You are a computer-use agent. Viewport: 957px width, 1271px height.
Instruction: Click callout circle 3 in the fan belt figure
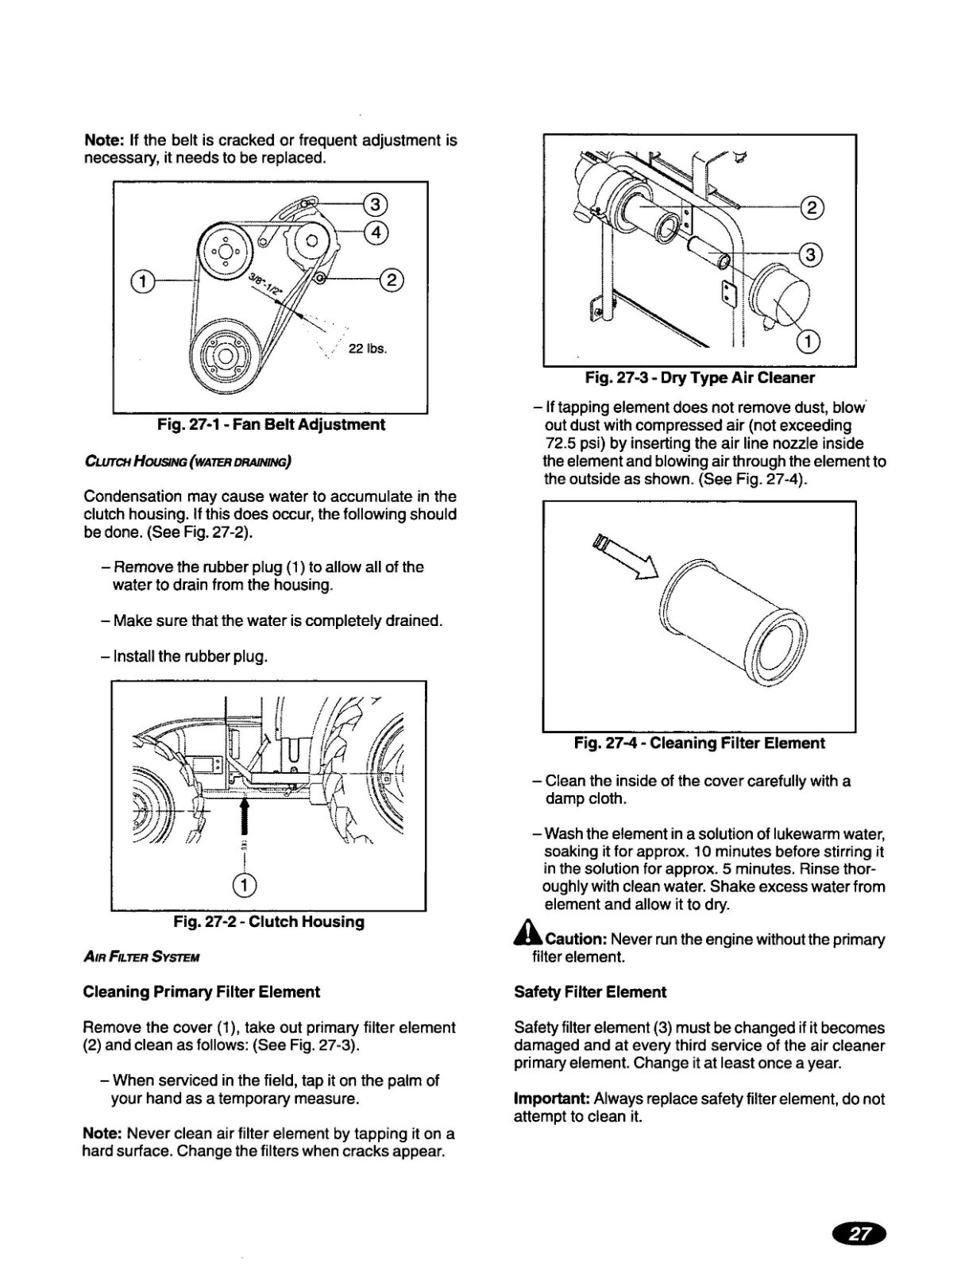pos(375,205)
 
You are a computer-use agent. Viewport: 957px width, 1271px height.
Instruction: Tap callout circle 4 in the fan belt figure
pos(375,232)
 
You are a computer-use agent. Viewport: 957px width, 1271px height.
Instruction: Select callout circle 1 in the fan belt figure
pos(141,281)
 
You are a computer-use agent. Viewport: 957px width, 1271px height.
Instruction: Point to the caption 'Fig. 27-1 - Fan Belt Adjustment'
pos(271,425)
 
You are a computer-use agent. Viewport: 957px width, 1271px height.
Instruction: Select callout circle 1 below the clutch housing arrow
pos(245,885)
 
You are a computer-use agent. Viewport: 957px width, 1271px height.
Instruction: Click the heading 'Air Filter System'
pos(141,957)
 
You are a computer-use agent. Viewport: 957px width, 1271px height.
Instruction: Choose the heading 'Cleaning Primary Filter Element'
pos(201,992)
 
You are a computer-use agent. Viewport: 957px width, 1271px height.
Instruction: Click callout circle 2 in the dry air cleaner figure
pos(811,208)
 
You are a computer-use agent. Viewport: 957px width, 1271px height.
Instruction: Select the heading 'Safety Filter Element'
pos(590,992)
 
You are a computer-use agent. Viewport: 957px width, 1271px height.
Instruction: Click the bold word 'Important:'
pos(551,1099)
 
